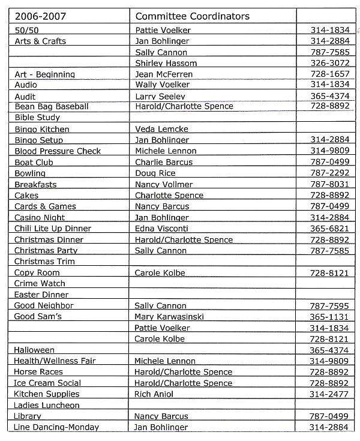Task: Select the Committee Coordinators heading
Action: [x=192, y=16]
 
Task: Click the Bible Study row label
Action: [x=37, y=118]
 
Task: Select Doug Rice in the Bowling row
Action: [x=155, y=173]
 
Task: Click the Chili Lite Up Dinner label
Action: [x=53, y=228]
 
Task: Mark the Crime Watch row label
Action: [x=40, y=283]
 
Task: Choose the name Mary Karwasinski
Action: [x=171, y=316]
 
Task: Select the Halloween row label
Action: [x=34, y=350]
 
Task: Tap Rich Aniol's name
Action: [x=154, y=394]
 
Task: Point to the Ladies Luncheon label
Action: [x=47, y=405]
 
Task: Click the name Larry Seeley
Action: [x=160, y=96]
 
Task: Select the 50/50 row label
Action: [x=25, y=29]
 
